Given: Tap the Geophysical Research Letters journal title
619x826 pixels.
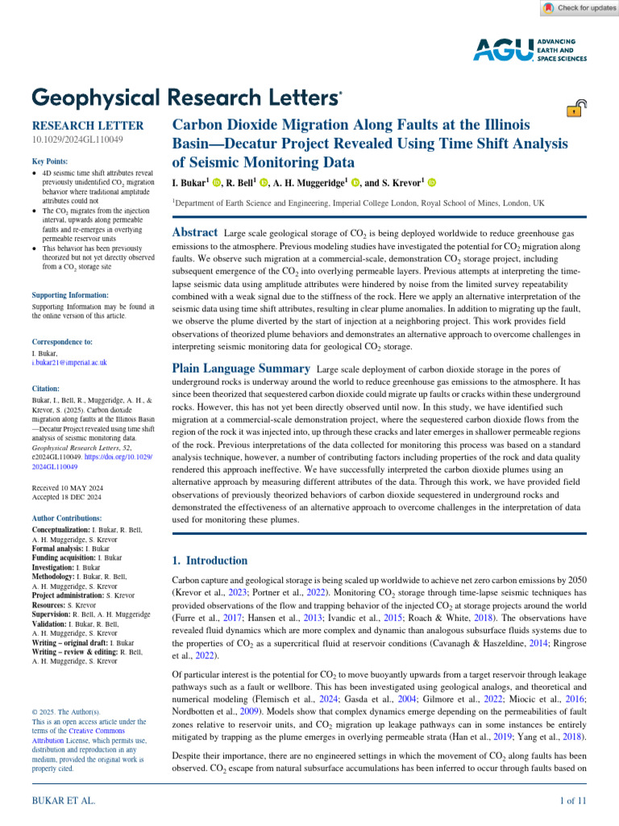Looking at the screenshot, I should [186, 98].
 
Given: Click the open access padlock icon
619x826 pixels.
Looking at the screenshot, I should [576, 110].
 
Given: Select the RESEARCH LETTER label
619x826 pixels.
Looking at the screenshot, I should [87, 126].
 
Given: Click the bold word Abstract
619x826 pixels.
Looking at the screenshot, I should [196, 232].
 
